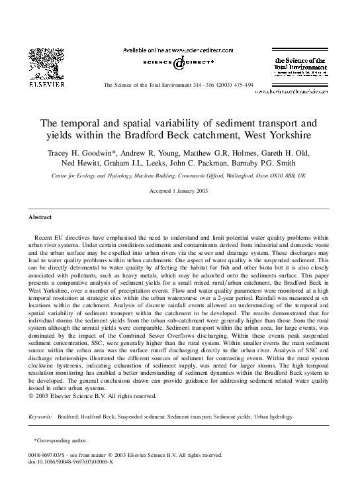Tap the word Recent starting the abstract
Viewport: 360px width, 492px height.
click(44, 236)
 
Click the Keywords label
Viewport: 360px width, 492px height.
click(40, 417)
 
